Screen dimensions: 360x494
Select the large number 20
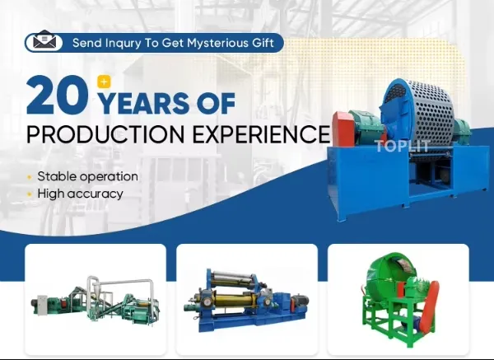click(56, 96)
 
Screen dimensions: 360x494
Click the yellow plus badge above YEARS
click(104, 81)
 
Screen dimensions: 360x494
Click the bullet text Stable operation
click(87, 176)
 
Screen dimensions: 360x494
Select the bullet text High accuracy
click(80, 194)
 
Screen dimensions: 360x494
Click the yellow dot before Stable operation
click(30, 177)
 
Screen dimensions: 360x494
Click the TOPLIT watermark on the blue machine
click(403, 147)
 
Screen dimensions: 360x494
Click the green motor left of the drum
click(352, 125)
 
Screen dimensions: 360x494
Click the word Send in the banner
click(86, 42)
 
